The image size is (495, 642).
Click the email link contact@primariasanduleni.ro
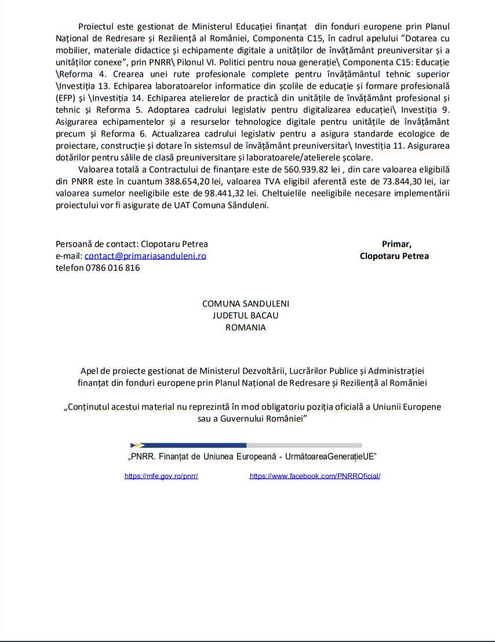(x=145, y=256)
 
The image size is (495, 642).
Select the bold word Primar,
(x=396, y=244)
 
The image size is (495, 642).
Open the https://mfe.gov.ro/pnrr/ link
(x=162, y=476)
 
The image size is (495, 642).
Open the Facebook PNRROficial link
(x=315, y=476)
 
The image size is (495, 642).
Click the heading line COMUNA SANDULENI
(x=245, y=304)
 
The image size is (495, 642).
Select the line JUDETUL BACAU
(x=245, y=315)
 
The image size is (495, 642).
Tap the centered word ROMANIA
(x=245, y=327)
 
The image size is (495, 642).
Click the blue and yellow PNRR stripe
(x=188, y=445)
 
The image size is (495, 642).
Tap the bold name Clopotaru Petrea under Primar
(x=394, y=256)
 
